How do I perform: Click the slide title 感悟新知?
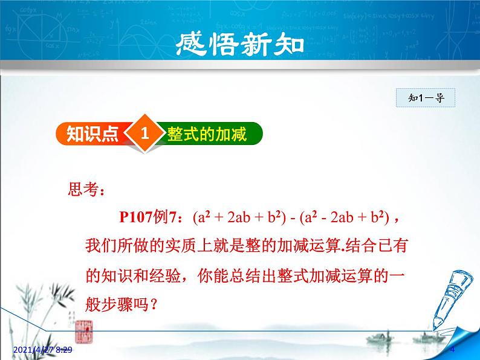point(239,43)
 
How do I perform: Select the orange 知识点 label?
point(92,134)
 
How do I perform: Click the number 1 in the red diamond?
point(144,133)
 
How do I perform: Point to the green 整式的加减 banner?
point(207,134)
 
